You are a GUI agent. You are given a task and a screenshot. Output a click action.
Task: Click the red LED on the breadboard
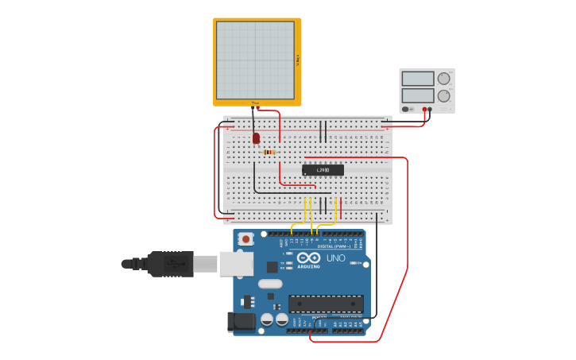[x=256, y=138]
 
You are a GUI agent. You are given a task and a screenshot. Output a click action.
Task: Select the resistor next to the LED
[x=269, y=152]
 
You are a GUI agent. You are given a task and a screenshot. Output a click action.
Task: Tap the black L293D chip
[x=323, y=169]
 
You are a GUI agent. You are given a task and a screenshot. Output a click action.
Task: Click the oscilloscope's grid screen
[x=255, y=60]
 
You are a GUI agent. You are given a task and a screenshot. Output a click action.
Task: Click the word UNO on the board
[x=335, y=258]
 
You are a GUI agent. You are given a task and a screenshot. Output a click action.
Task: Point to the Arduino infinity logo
[x=308, y=257]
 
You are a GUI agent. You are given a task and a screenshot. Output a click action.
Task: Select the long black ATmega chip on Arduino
[x=326, y=303]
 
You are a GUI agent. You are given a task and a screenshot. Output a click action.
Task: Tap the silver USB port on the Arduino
[x=236, y=264]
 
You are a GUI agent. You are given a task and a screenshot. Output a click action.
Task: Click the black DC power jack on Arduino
[x=242, y=321]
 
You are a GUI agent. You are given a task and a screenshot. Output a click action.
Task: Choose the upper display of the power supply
[x=418, y=79]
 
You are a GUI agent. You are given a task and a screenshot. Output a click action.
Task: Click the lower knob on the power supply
[x=444, y=96]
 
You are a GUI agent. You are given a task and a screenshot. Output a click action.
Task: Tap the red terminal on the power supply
[x=425, y=110]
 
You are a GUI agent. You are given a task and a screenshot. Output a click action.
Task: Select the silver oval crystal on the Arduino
[x=270, y=284]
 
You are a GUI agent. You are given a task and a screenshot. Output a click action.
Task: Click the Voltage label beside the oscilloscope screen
[x=298, y=60]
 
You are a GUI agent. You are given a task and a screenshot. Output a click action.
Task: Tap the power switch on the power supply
[x=407, y=109]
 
